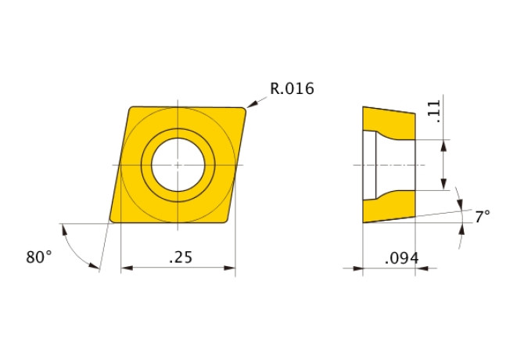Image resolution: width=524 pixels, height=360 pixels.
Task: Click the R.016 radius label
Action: (292, 88)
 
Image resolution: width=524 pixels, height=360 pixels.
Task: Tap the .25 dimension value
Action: (181, 257)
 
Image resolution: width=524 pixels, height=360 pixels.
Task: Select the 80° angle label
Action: (39, 257)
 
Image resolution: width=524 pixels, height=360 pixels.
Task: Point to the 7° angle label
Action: (483, 217)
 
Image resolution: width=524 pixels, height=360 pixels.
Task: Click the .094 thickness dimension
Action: (402, 258)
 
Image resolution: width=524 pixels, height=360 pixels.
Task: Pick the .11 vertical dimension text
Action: (434, 111)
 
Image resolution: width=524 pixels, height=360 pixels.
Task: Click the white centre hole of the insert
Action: (178, 165)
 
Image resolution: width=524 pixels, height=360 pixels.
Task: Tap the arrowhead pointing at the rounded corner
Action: (251, 104)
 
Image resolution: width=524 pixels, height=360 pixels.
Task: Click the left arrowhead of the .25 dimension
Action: (127, 268)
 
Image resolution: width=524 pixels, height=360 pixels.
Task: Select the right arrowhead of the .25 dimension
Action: (230, 268)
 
